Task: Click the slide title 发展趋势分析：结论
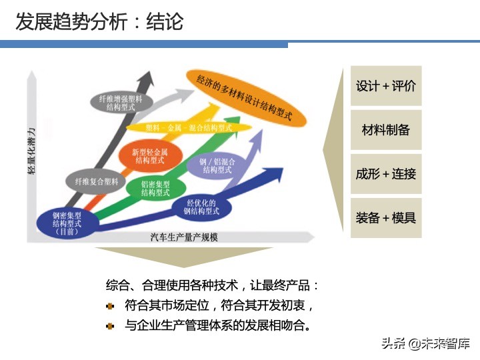tap(100, 22)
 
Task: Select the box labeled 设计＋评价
tap(386, 86)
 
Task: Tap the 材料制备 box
tap(386, 130)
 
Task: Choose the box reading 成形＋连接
tap(386, 174)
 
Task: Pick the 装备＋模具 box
tap(386, 217)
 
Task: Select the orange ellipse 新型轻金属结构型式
tap(150, 156)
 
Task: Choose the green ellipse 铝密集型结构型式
tap(155, 188)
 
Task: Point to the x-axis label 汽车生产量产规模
tap(185, 237)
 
